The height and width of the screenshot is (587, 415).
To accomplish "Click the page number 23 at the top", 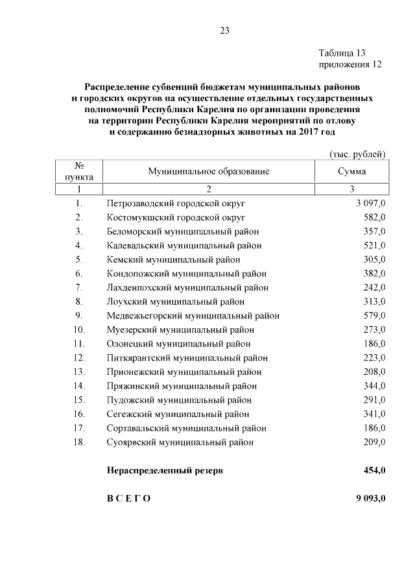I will [x=225, y=30].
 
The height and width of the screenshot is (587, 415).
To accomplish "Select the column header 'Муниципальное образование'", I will [x=208, y=172].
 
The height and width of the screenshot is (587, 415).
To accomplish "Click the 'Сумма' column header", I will [x=351, y=172].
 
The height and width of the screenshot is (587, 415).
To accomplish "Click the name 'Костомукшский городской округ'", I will [x=176, y=217].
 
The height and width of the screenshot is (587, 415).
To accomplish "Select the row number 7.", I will [x=78, y=287].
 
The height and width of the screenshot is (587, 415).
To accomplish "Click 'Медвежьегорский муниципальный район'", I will [x=193, y=316].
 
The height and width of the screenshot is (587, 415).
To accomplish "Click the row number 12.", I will [x=79, y=358].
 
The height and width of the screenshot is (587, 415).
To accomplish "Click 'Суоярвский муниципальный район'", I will [x=180, y=442].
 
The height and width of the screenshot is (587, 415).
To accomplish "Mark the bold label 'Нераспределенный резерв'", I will [x=165, y=471].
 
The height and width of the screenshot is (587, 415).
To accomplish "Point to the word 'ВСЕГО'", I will [x=128, y=498].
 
